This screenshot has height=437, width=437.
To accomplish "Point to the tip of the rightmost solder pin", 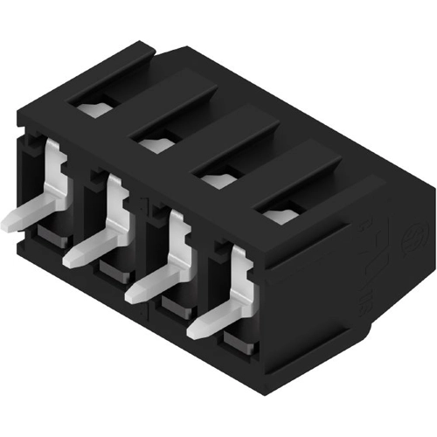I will pyautogui.click(x=194, y=332).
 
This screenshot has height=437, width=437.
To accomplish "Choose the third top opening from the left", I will pyautogui.click(x=216, y=178).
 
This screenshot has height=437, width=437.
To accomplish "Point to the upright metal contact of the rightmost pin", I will pyautogui.click(x=240, y=275).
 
